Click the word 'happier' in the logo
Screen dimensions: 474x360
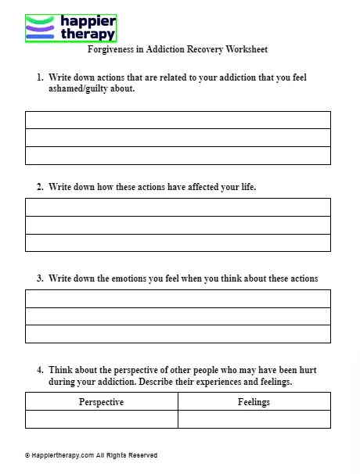[x=87, y=21]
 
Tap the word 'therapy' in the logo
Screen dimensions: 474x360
[x=87, y=34]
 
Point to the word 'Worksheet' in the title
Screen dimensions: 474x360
[x=247, y=50]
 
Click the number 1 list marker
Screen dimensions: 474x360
[x=39, y=78]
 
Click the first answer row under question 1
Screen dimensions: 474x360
[x=178, y=120]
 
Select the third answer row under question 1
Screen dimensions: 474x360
[x=178, y=156]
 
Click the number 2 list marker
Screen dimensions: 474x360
[x=39, y=188]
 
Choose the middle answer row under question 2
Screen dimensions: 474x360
[x=178, y=224]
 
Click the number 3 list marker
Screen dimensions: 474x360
[x=39, y=278]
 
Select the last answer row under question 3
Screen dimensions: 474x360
[x=178, y=334]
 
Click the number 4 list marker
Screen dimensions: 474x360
[x=39, y=369]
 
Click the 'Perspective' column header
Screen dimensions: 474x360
[x=102, y=402]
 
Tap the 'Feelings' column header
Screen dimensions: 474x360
[x=254, y=402]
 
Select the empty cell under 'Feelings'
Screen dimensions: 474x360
[x=254, y=419]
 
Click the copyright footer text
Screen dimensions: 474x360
[x=91, y=455]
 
